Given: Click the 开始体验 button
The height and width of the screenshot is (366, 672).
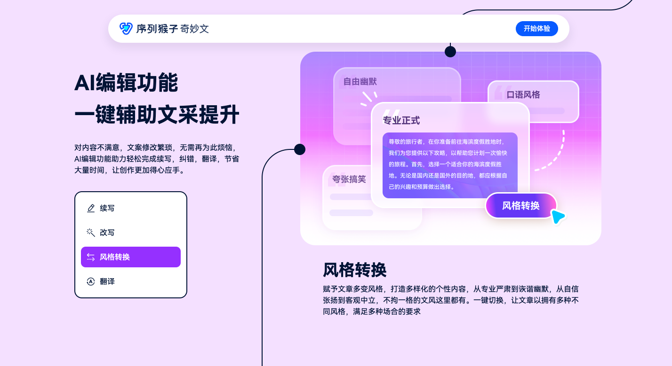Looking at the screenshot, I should tap(536, 29).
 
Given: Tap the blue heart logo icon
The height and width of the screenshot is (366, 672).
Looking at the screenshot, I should tap(126, 29).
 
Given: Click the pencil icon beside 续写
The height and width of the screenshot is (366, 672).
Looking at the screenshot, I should tap(91, 208).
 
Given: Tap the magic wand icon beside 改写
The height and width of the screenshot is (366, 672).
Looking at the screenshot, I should tap(91, 233).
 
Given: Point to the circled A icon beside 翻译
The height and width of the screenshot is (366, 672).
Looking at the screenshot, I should tap(91, 281).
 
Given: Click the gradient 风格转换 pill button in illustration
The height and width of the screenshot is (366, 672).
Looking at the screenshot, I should tap(520, 206).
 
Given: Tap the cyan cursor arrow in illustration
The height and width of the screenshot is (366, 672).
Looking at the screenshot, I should tap(558, 217).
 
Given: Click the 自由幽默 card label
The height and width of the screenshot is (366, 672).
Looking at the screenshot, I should tap(360, 82).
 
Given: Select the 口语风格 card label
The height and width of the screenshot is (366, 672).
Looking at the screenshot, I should tap(523, 95).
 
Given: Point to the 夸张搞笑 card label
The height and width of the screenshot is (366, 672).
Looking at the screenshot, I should tap(349, 179).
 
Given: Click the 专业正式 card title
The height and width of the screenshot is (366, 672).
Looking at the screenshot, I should tap(401, 121).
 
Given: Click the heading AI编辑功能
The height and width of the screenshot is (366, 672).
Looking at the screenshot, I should tap(126, 83).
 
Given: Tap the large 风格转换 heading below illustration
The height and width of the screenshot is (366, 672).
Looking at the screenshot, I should tap(354, 270).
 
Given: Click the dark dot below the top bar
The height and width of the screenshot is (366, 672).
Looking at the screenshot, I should tap(450, 52).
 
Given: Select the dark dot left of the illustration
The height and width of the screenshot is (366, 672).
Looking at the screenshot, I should tap(300, 149).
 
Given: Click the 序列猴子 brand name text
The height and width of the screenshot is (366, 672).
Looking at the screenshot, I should tap(157, 29).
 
